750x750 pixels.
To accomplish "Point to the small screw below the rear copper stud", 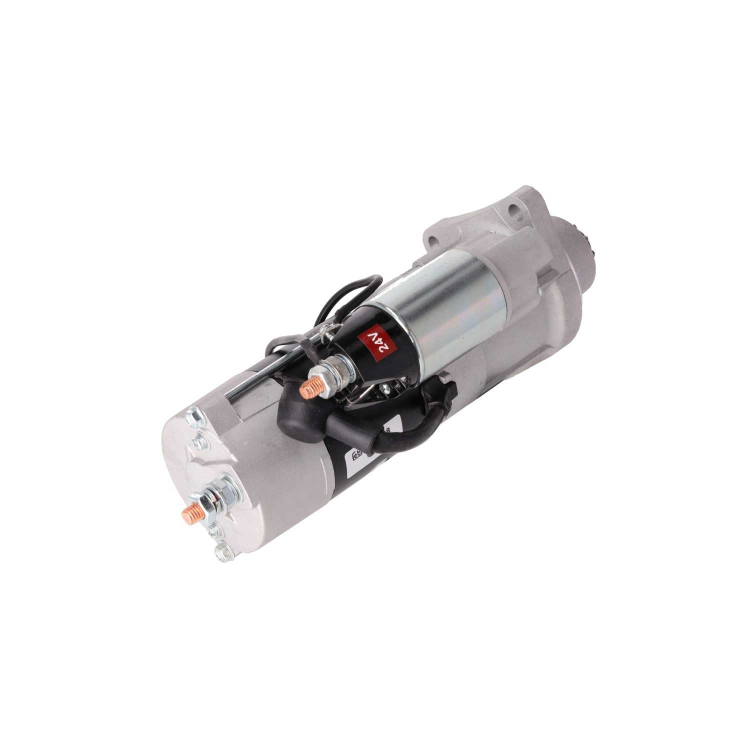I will coord(216,530).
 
